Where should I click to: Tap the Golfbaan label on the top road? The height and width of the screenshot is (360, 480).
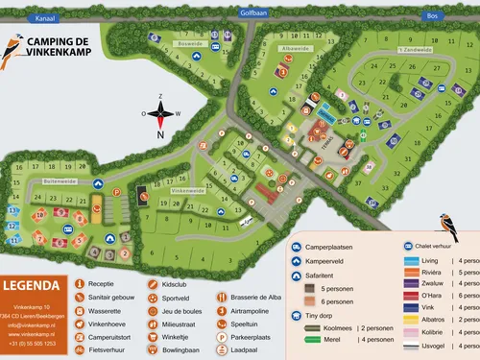pyautogui.click(x=252, y=13)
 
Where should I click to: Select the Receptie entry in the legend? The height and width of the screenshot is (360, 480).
pyautogui.click(x=101, y=284)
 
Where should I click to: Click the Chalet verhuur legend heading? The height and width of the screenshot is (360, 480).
pyautogui.click(x=437, y=244)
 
